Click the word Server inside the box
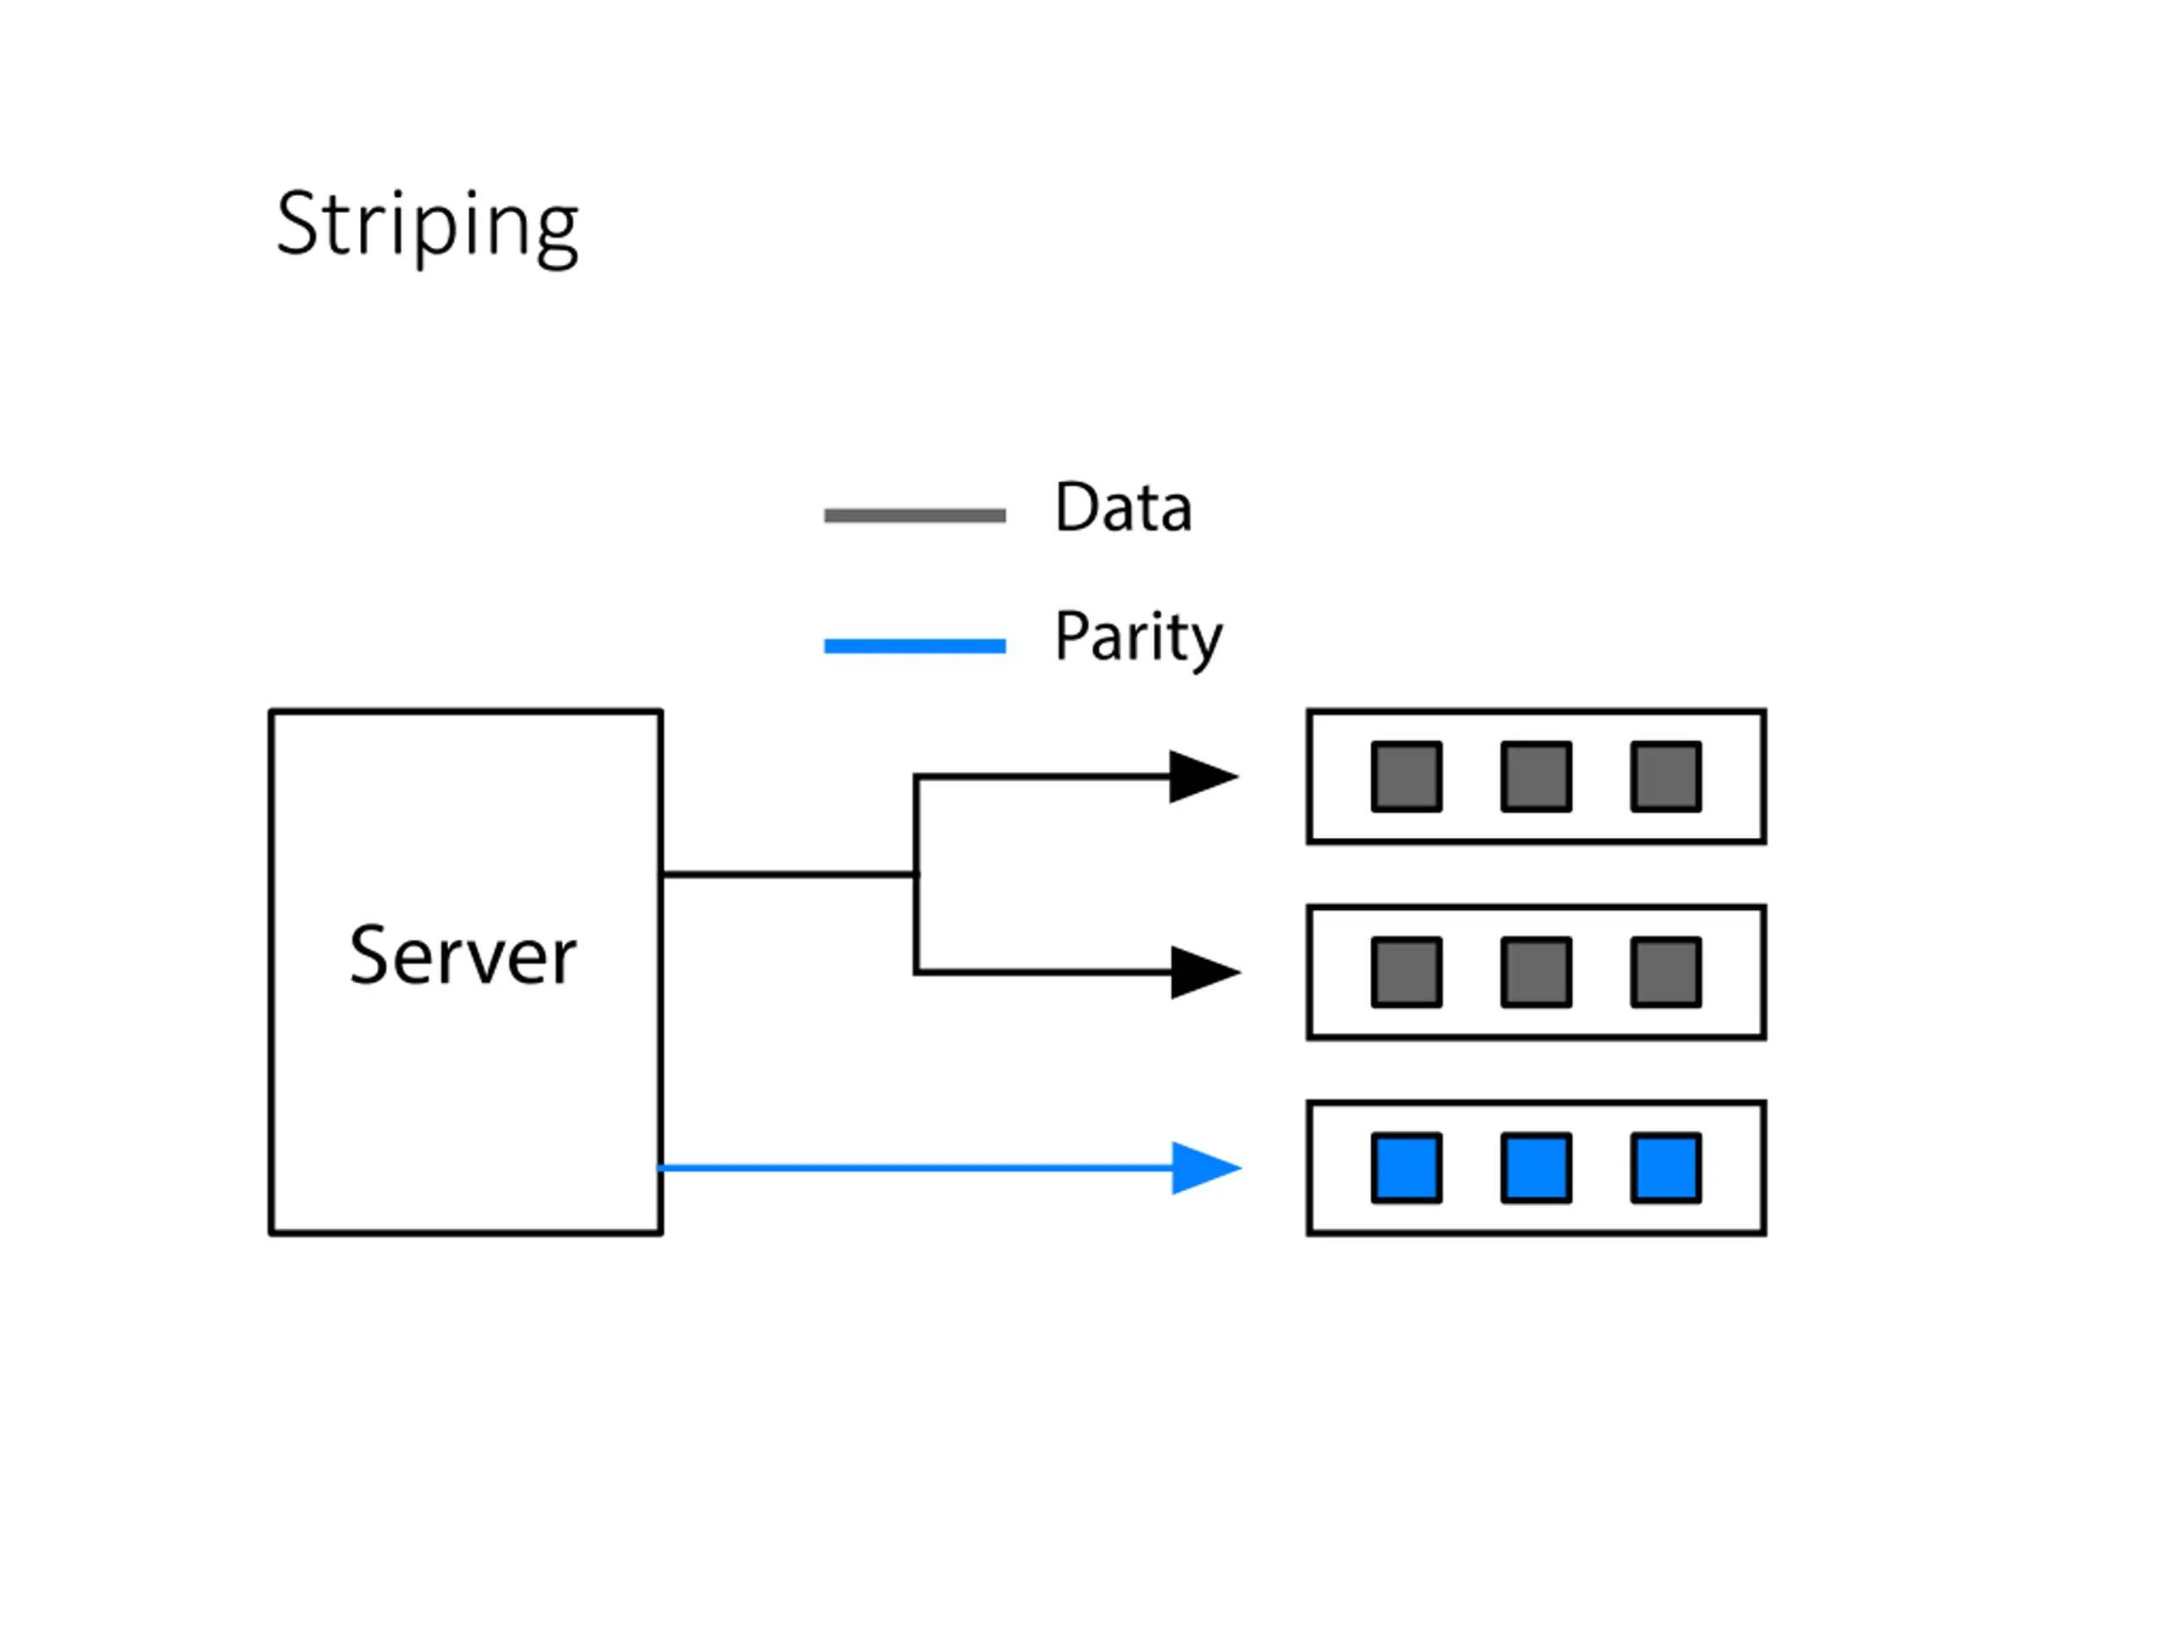(x=463, y=954)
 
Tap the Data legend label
(x=1123, y=507)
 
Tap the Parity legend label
(x=1138, y=638)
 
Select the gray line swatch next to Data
(x=914, y=514)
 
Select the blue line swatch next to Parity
(x=914, y=645)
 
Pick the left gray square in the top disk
(x=1407, y=776)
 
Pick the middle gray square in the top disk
(x=1536, y=776)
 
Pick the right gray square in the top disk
(x=1666, y=776)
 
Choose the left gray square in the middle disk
(x=1407, y=972)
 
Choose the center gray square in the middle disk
(x=1536, y=972)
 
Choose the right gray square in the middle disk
(x=1666, y=972)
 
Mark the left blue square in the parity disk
(x=1407, y=1167)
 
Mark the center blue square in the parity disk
(x=1536, y=1167)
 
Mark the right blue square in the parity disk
(x=1666, y=1167)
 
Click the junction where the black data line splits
(x=917, y=874)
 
